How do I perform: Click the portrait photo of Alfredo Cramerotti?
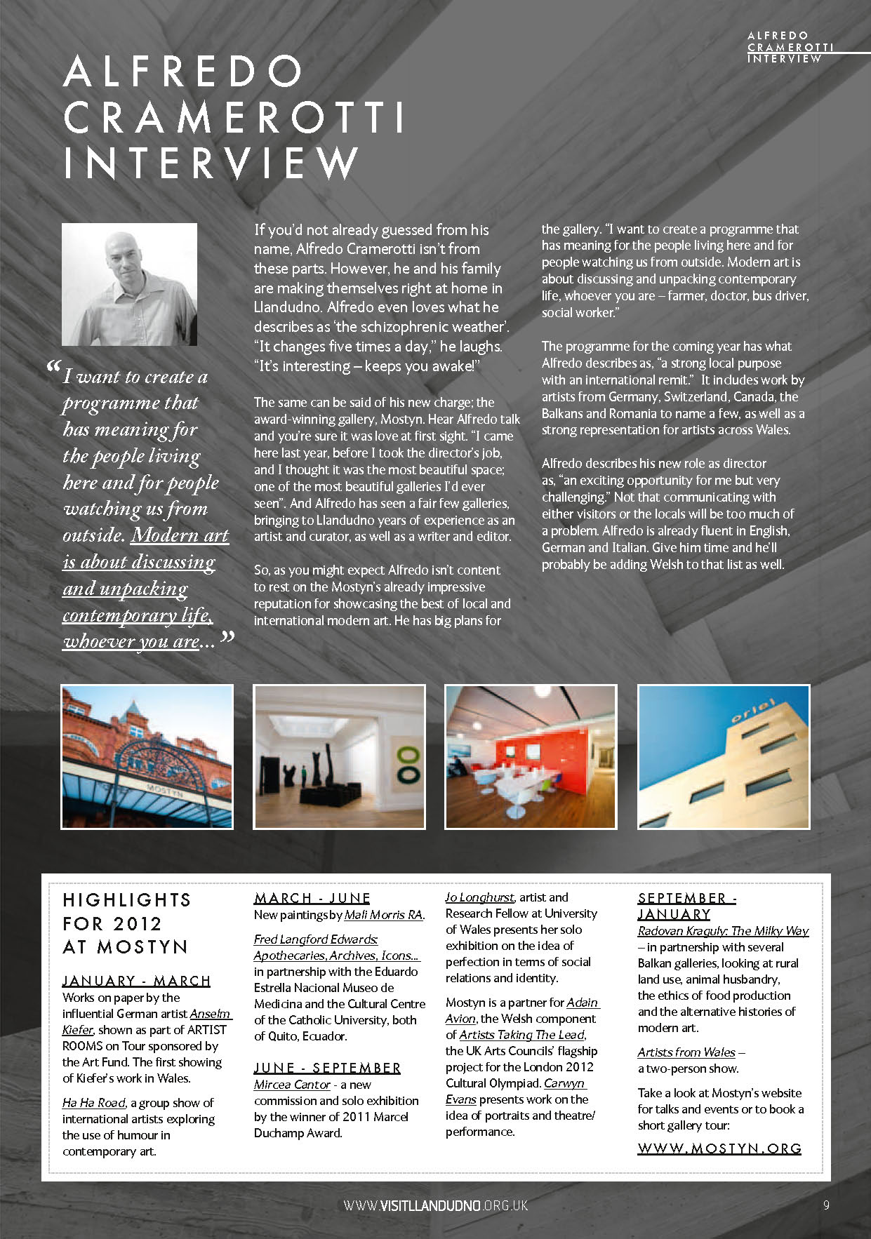129,284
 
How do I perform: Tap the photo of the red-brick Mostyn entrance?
147,756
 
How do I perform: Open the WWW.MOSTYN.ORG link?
719,1148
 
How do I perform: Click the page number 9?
826,1205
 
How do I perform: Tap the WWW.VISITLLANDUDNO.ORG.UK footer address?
435,1205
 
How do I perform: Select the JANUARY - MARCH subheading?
136,981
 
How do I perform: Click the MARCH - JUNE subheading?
312,898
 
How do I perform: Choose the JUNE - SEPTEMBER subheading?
327,1068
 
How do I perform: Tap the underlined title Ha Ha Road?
94,1103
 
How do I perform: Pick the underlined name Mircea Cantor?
292,1085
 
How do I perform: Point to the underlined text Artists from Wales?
686,1052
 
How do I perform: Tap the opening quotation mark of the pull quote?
53,368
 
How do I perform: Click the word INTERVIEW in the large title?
211,163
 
